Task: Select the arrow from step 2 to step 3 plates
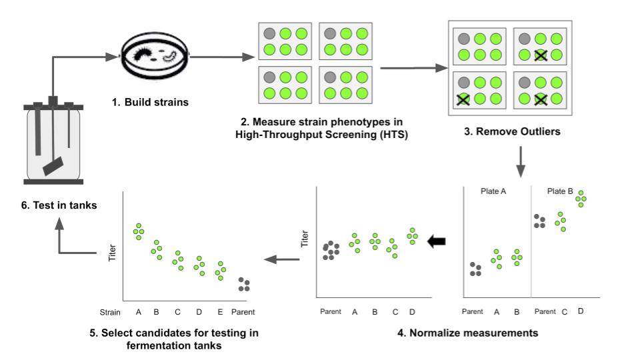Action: pos(413,67)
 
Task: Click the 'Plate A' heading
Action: pos(494,191)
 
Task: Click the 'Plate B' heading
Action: pos(561,191)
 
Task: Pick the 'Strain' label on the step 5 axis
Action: pos(109,311)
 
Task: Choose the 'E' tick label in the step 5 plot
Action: pos(219,311)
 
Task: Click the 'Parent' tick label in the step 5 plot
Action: pos(244,311)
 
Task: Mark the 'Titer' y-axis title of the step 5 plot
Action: pos(112,253)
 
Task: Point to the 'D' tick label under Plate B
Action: pos(581,310)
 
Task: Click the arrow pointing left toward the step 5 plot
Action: pos(283,259)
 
